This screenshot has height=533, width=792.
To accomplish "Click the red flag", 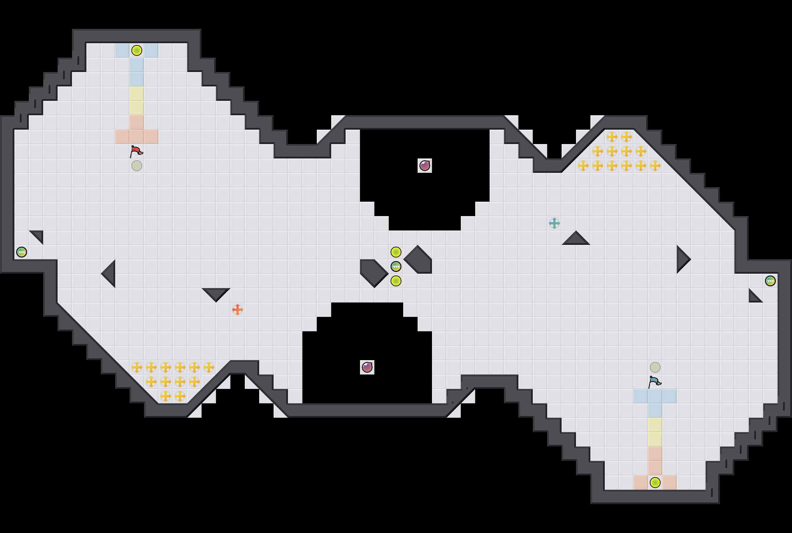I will point(136,151).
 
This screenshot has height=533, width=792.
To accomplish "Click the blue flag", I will point(654,382).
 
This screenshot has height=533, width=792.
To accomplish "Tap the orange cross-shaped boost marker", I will point(238,310).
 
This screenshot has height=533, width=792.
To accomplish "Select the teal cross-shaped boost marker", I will point(554,223).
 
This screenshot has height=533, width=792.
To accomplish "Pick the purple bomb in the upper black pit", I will point(425,166).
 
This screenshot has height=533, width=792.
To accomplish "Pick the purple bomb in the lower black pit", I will point(367,367).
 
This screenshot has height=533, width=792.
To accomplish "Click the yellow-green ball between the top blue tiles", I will point(137,50).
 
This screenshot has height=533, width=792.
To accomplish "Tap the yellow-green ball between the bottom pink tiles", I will point(655,483).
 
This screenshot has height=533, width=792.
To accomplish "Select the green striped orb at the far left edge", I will point(22,252).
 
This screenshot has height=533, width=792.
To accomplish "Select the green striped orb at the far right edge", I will point(770,281).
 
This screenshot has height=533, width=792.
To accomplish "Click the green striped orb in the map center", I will point(396,266).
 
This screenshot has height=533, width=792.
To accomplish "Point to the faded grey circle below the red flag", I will point(137,166).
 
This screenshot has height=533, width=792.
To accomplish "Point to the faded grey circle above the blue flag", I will point(655,367).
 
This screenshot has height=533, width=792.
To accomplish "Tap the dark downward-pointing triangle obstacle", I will point(216,293).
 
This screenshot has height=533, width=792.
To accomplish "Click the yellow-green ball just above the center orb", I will point(396,252).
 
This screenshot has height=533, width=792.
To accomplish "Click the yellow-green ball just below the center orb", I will point(396,281).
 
